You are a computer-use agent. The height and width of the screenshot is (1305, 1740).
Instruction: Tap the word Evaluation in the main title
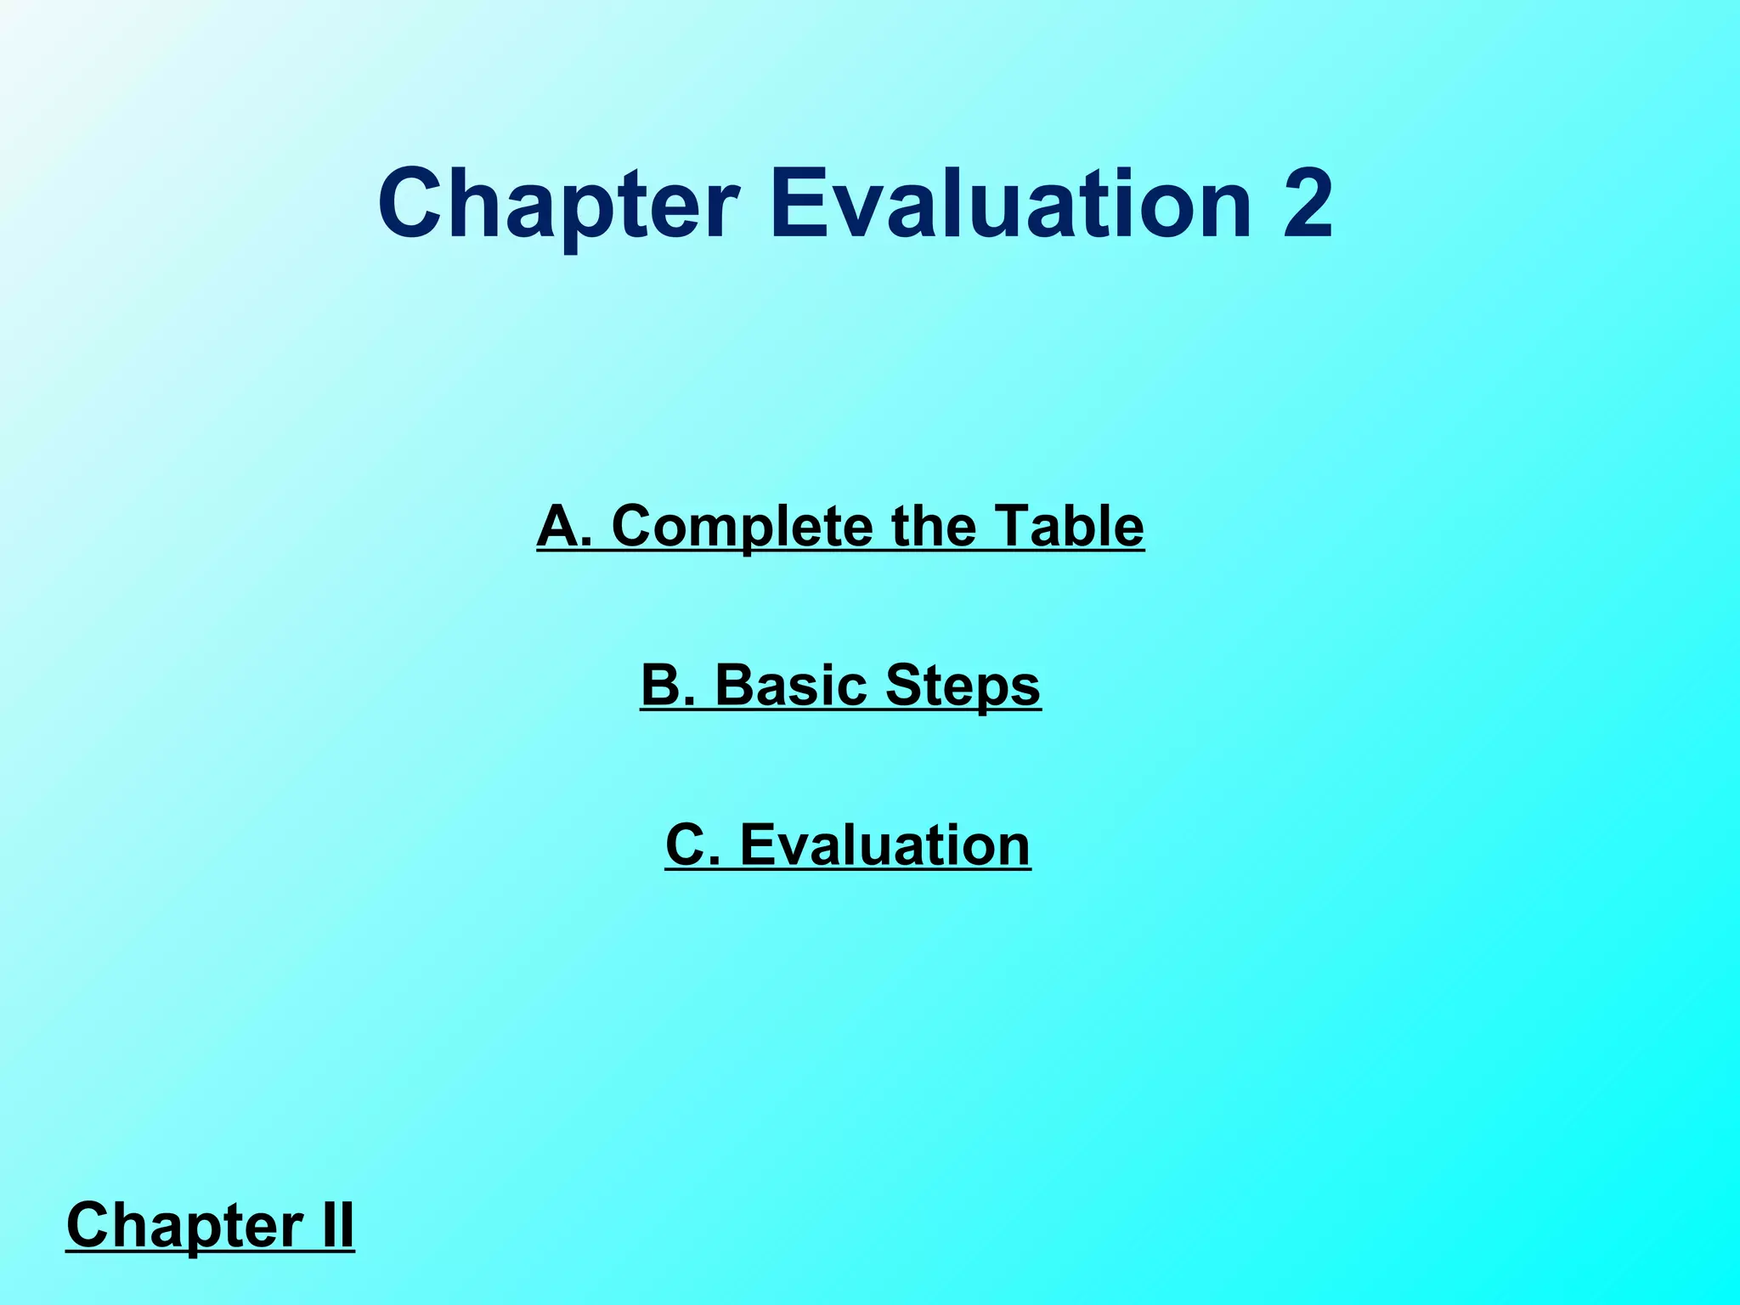1010,205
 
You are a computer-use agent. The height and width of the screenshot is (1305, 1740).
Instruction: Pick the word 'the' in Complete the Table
933,526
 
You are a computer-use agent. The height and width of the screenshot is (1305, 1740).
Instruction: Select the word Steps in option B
963,686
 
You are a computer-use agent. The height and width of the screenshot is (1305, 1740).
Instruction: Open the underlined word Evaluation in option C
884,845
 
